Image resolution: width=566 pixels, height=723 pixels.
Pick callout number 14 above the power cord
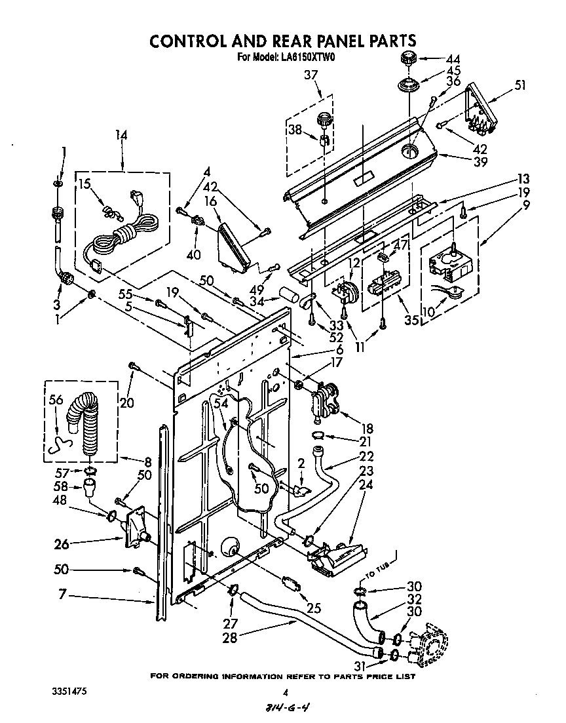pos(121,135)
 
